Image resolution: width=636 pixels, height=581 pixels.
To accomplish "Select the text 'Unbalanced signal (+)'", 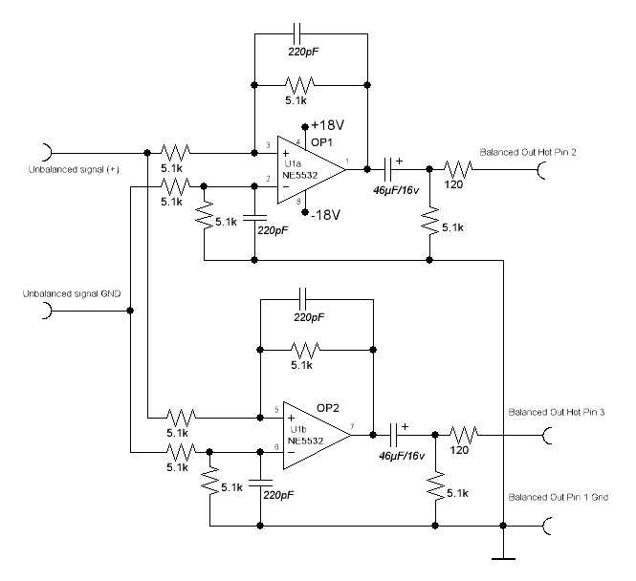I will point(59,172).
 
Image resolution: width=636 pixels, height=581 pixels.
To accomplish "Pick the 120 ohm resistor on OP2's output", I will point(461,434).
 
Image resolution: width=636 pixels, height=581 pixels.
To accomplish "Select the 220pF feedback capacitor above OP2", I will point(316,295).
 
